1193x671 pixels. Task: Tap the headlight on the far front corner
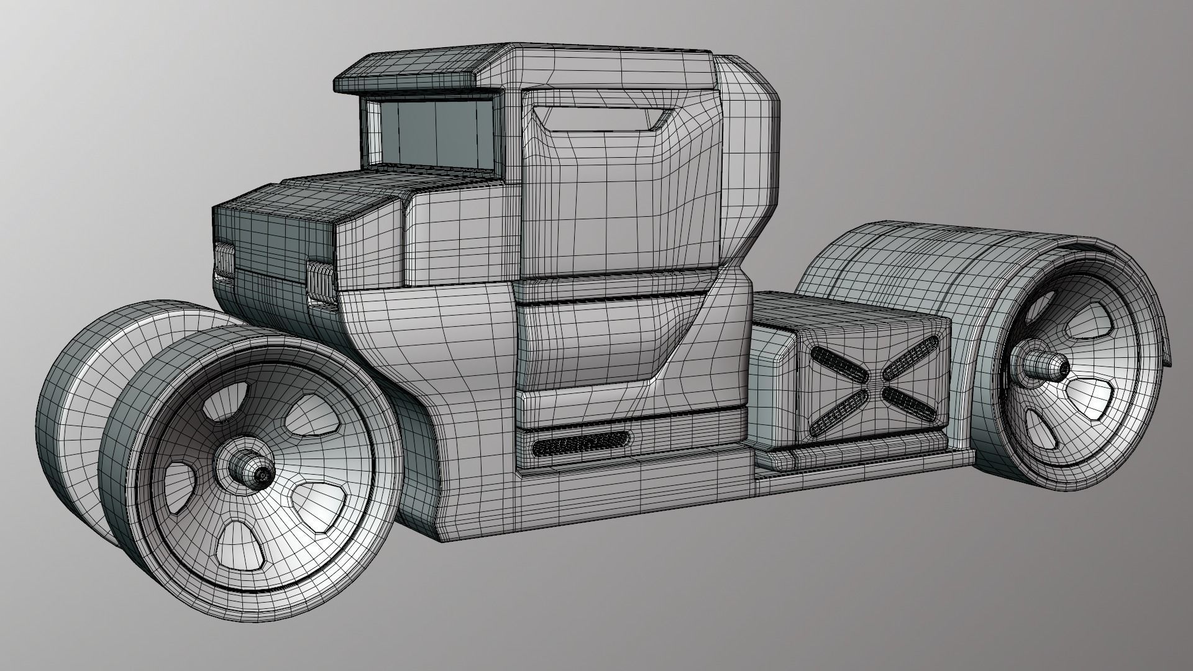[224, 261]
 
